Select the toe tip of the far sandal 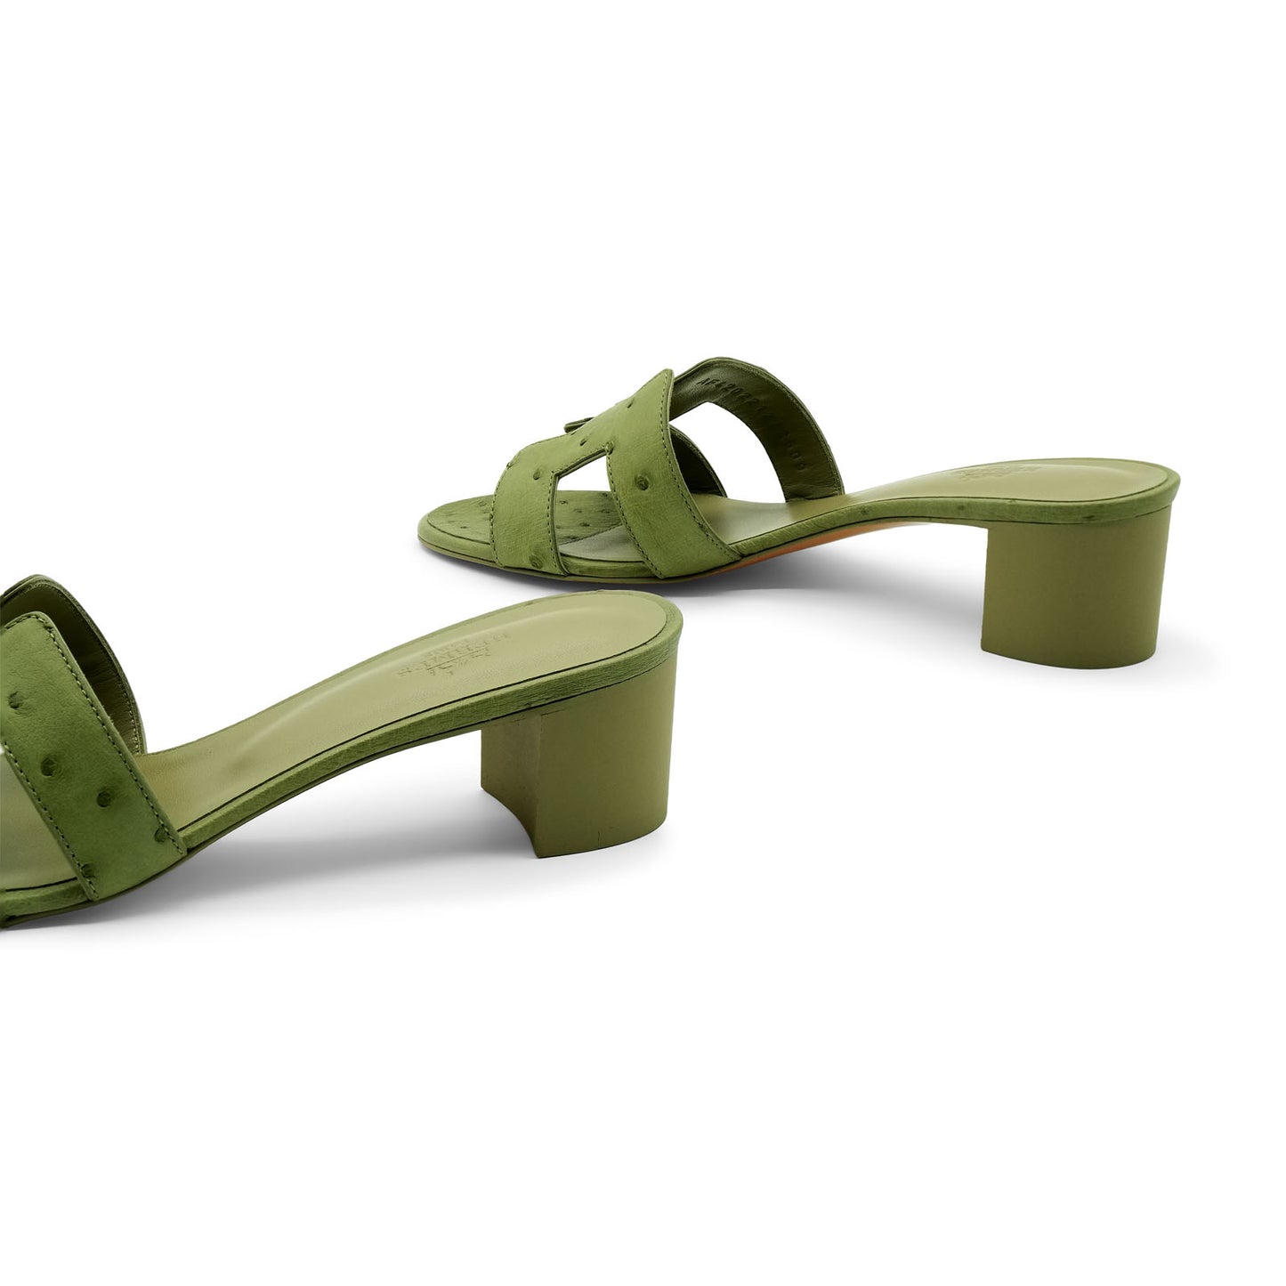coord(427,534)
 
